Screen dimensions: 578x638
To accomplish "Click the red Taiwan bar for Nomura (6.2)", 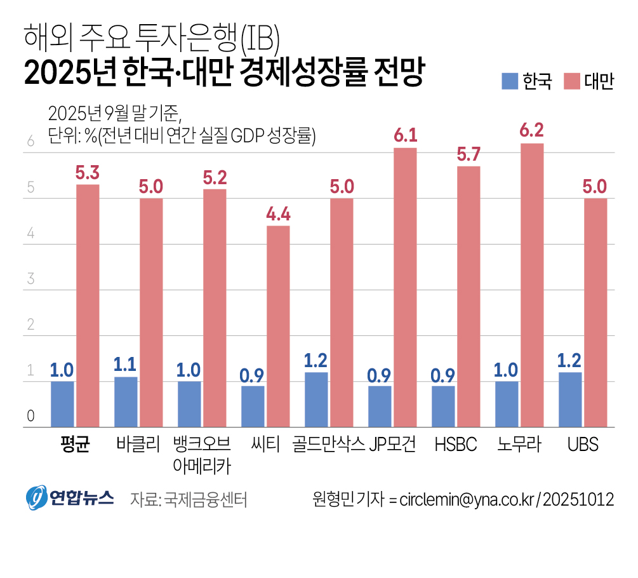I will coord(532,285).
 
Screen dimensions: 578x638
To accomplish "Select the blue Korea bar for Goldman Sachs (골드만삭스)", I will coord(316,400).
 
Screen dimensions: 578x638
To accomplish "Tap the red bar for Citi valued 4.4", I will coord(278,326).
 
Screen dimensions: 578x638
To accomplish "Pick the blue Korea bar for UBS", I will coord(570,400).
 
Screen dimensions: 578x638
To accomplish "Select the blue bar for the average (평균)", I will coord(62,404).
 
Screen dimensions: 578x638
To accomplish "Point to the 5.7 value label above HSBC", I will coord(469,154).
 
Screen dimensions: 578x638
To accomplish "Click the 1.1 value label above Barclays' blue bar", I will coord(126,364).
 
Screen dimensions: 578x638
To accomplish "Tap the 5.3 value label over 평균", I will coord(88,173).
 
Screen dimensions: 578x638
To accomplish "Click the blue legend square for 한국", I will coord(510,81).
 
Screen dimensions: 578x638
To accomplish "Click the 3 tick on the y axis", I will coord(30,279).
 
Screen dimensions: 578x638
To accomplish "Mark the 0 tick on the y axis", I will coord(30,417).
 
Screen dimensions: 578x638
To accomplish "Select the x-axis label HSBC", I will coord(456,445).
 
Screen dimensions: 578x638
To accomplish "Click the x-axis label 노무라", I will coord(519,445).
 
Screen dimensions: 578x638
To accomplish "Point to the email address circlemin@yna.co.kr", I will coord(467,499).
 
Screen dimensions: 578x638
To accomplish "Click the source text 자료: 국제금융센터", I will coord(189,499).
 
